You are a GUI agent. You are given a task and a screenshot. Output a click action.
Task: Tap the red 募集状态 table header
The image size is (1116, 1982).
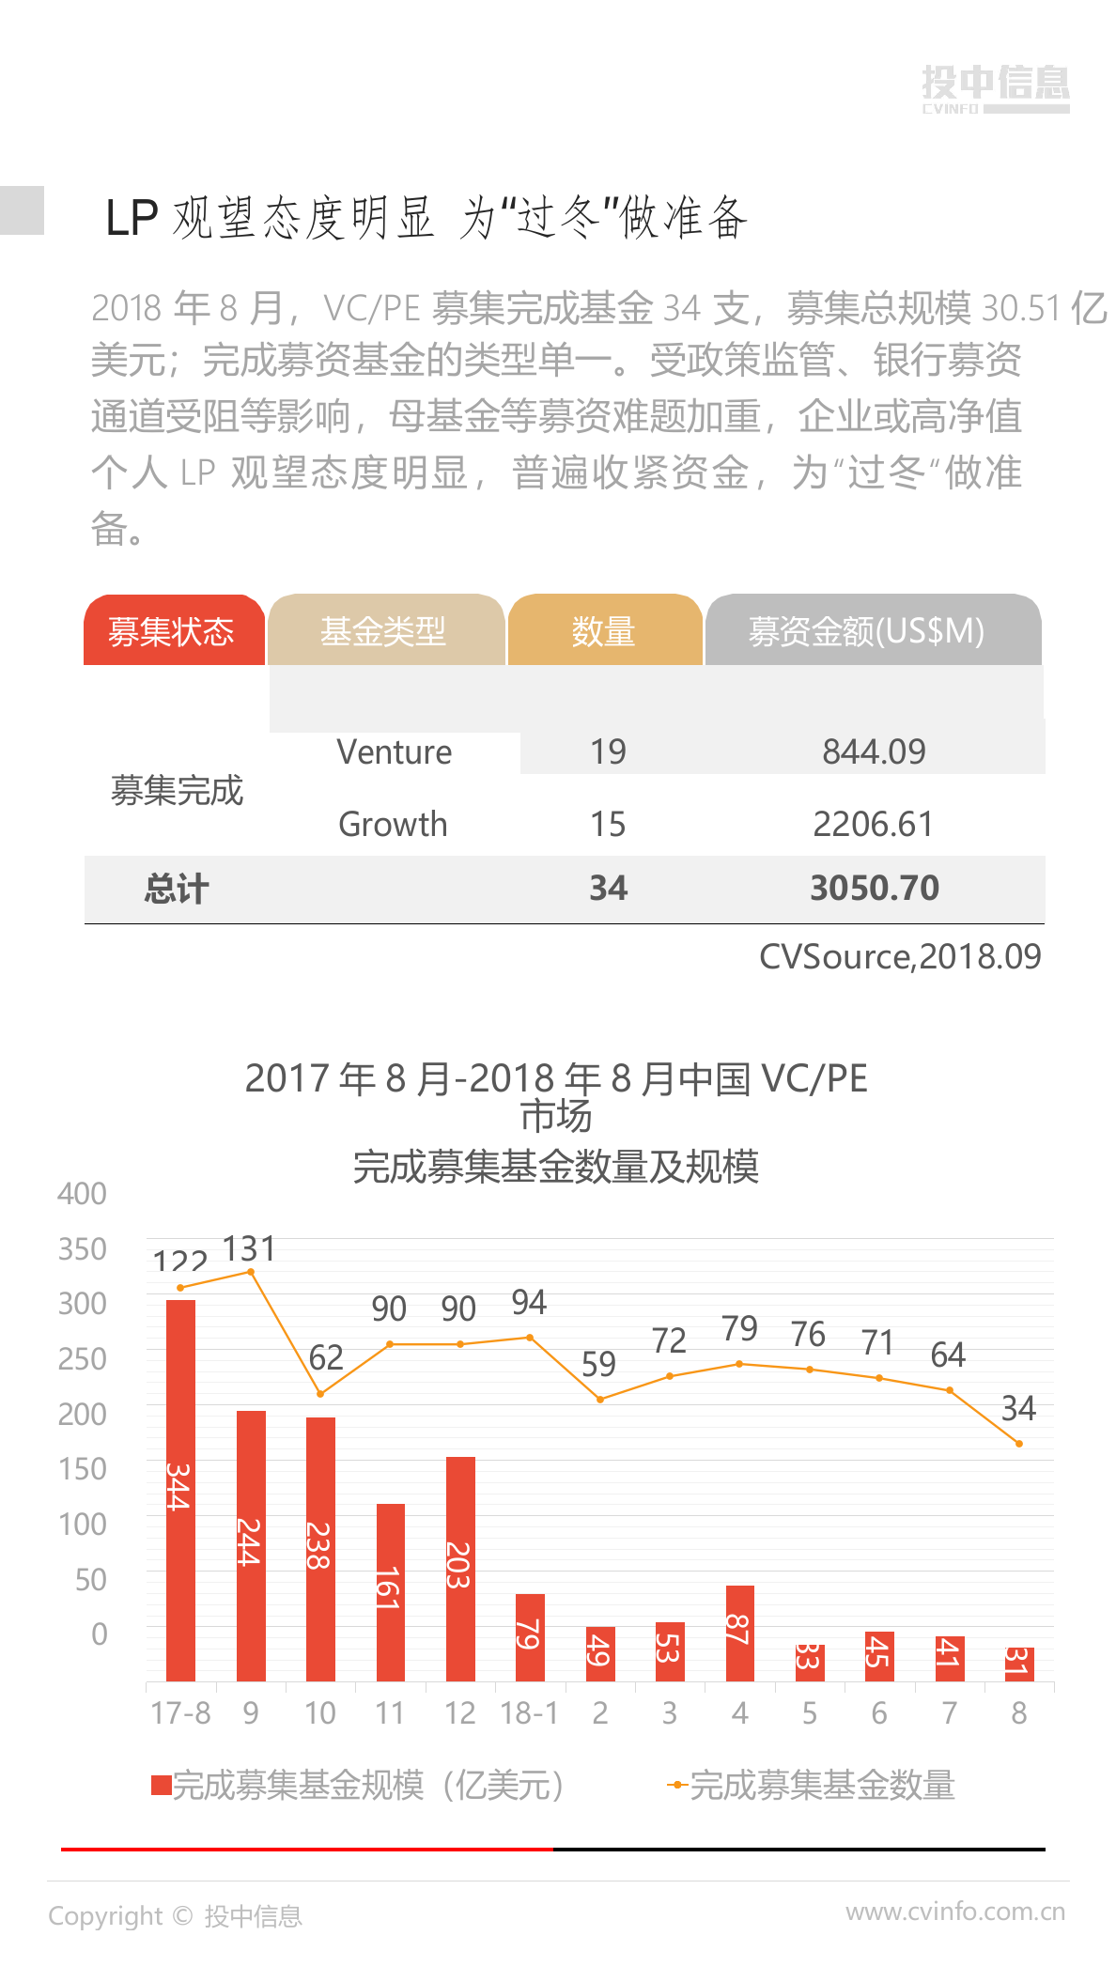[x=173, y=630]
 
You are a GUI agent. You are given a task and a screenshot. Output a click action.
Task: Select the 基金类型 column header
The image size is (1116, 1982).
[x=385, y=630]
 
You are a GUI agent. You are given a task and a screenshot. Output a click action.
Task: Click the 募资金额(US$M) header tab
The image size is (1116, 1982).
[x=872, y=630]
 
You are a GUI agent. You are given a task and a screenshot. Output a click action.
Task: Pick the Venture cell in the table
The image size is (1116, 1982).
[x=395, y=752]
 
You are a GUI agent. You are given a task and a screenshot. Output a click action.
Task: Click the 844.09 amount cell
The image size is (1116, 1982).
[x=874, y=752]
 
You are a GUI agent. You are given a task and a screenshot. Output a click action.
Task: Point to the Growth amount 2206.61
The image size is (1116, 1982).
[x=873, y=825]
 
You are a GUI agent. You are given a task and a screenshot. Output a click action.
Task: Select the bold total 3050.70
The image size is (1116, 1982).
[x=875, y=889]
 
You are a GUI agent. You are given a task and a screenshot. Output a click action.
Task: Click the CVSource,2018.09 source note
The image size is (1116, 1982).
[x=900, y=957]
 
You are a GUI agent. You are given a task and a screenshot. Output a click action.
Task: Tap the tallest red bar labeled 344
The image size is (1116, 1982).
[x=180, y=1490]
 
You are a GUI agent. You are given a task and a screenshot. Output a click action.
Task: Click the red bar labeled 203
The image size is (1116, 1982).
[x=460, y=1568]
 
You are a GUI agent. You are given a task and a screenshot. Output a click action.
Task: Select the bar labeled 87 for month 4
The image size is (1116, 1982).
[x=740, y=1633]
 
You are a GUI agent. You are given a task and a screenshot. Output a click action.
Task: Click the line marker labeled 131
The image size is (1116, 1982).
[x=251, y=1272]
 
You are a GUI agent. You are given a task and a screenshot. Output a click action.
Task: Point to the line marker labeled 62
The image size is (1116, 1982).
[x=320, y=1394]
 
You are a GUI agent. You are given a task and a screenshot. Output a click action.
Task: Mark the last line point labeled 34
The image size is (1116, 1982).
[x=1019, y=1444]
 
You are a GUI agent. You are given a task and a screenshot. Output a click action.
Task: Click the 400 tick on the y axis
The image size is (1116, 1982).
[x=83, y=1194]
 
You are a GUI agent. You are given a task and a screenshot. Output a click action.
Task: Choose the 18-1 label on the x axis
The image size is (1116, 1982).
[x=530, y=1713]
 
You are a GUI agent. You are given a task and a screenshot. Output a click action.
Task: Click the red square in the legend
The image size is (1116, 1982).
[x=162, y=1786]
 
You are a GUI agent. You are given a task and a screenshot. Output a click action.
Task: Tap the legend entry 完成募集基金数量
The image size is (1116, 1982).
[x=821, y=1786]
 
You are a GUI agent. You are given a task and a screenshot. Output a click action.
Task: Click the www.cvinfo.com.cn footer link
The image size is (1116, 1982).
[x=955, y=1912]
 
